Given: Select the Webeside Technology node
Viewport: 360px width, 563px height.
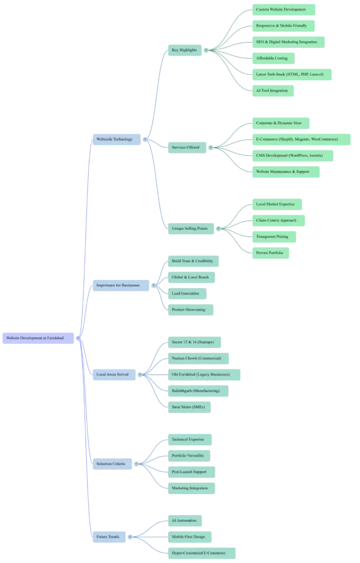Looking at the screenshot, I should [x=114, y=139].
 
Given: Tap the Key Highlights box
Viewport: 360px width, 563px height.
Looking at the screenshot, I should [x=184, y=50].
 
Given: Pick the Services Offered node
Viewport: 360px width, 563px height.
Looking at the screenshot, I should [x=186, y=147].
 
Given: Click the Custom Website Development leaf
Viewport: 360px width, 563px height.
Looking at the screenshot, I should [x=281, y=9].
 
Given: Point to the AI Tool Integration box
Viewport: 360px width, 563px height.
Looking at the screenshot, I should [x=272, y=91].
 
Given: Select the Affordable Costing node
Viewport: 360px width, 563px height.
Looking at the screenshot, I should [x=272, y=58].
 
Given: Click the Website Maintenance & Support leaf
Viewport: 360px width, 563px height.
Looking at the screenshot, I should [x=282, y=172].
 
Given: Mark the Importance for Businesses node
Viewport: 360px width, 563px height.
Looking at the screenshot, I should [x=118, y=285].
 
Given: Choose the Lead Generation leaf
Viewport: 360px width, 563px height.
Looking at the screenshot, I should [x=186, y=294].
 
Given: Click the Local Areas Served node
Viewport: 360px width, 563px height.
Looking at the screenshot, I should [x=112, y=374].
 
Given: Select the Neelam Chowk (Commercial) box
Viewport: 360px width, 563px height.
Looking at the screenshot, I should [x=197, y=358].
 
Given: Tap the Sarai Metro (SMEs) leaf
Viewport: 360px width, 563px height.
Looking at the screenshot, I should [x=188, y=407].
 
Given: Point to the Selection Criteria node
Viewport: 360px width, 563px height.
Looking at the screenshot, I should [x=111, y=463].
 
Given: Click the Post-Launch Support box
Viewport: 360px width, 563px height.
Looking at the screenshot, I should [x=189, y=472].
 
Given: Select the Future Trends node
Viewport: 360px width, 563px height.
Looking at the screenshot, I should [x=108, y=537].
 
